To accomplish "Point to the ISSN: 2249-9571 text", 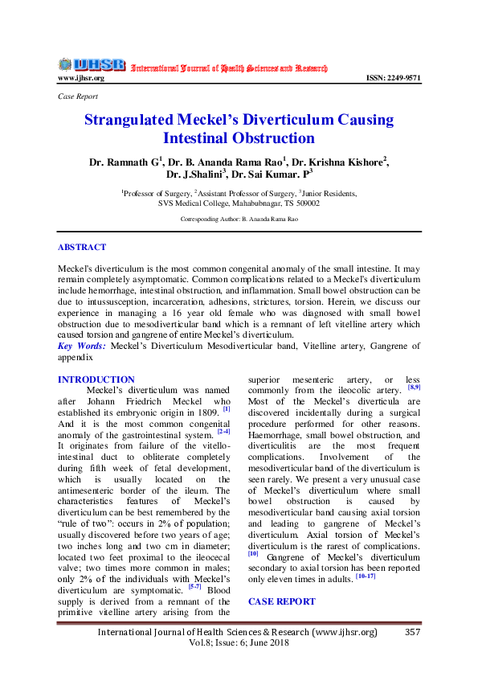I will [x=393, y=78].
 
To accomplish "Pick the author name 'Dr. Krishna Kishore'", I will [x=341, y=162].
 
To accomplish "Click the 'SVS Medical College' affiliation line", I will [x=239, y=203].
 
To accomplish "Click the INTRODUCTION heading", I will [x=96, y=380].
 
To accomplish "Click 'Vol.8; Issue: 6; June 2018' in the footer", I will [x=238, y=644].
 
